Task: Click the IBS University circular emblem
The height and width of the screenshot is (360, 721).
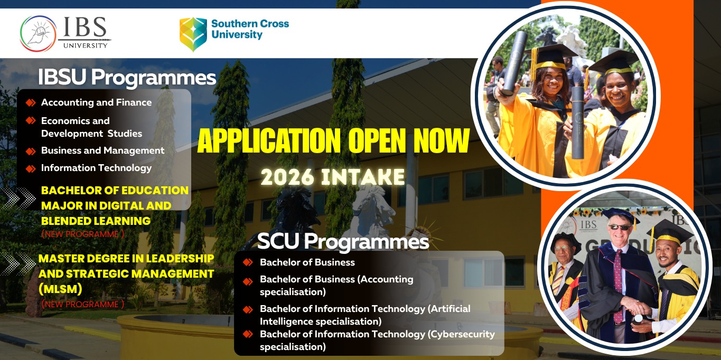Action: [x=39, y=33]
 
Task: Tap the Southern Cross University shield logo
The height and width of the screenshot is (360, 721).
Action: [x=193, y=34]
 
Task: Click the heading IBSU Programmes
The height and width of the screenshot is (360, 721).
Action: [x=127, y=77]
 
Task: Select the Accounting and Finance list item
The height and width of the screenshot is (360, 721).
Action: [x=96, y=102]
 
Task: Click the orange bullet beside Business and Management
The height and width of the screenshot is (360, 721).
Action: [x=31, y=151]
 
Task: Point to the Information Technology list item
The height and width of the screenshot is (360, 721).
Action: [x=96, y=168]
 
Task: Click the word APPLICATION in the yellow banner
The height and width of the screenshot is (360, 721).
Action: [x=269, y=140]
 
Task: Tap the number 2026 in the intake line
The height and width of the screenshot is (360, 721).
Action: [x=287, y=177]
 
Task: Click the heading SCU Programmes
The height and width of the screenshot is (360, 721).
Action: [x=343, y=241]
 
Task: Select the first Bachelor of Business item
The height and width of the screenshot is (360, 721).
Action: [x=307, y=262]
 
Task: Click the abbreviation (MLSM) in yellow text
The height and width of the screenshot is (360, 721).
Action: [x=60, y=289]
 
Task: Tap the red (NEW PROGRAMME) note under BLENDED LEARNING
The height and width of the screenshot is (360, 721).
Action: [x=83, y=234]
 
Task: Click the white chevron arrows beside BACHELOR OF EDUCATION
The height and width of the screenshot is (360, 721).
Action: [x=18, y=198]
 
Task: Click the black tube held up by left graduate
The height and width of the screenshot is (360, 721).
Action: [x=514, y=63]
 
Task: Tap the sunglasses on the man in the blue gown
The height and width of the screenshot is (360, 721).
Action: [x=620, y=228]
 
